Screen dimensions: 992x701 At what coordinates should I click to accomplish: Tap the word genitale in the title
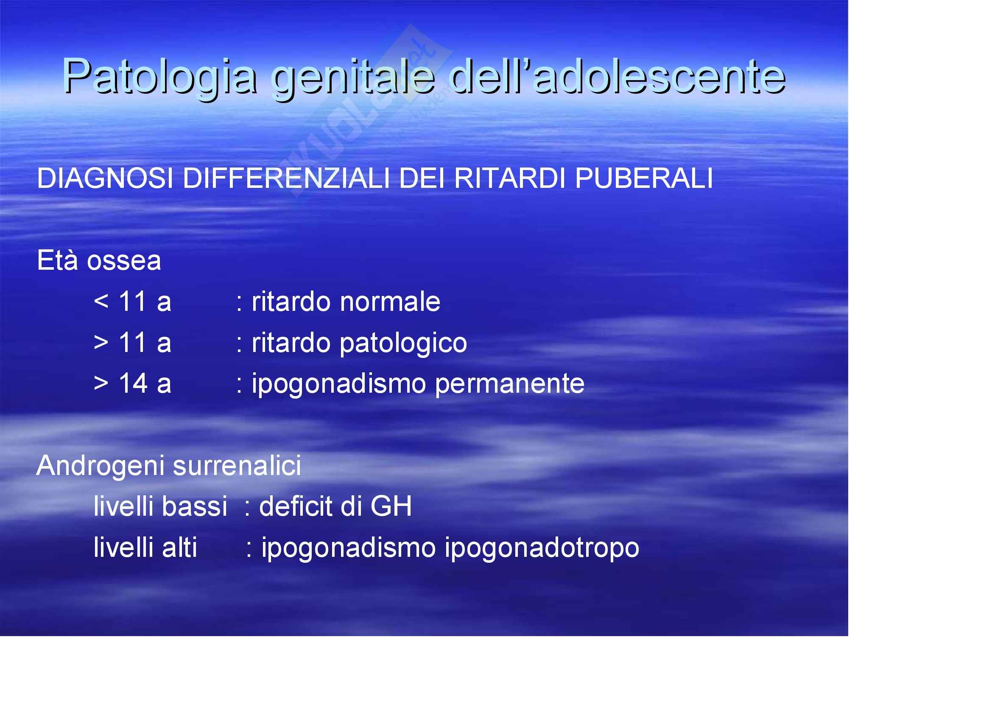coord(353,77)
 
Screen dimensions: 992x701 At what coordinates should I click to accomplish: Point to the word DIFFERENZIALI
coord(286,178)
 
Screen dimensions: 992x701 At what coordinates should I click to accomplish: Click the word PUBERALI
coord(644,178)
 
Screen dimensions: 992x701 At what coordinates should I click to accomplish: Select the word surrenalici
coord(237,465)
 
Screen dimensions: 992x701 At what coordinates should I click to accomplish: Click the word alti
coord(179,547)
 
